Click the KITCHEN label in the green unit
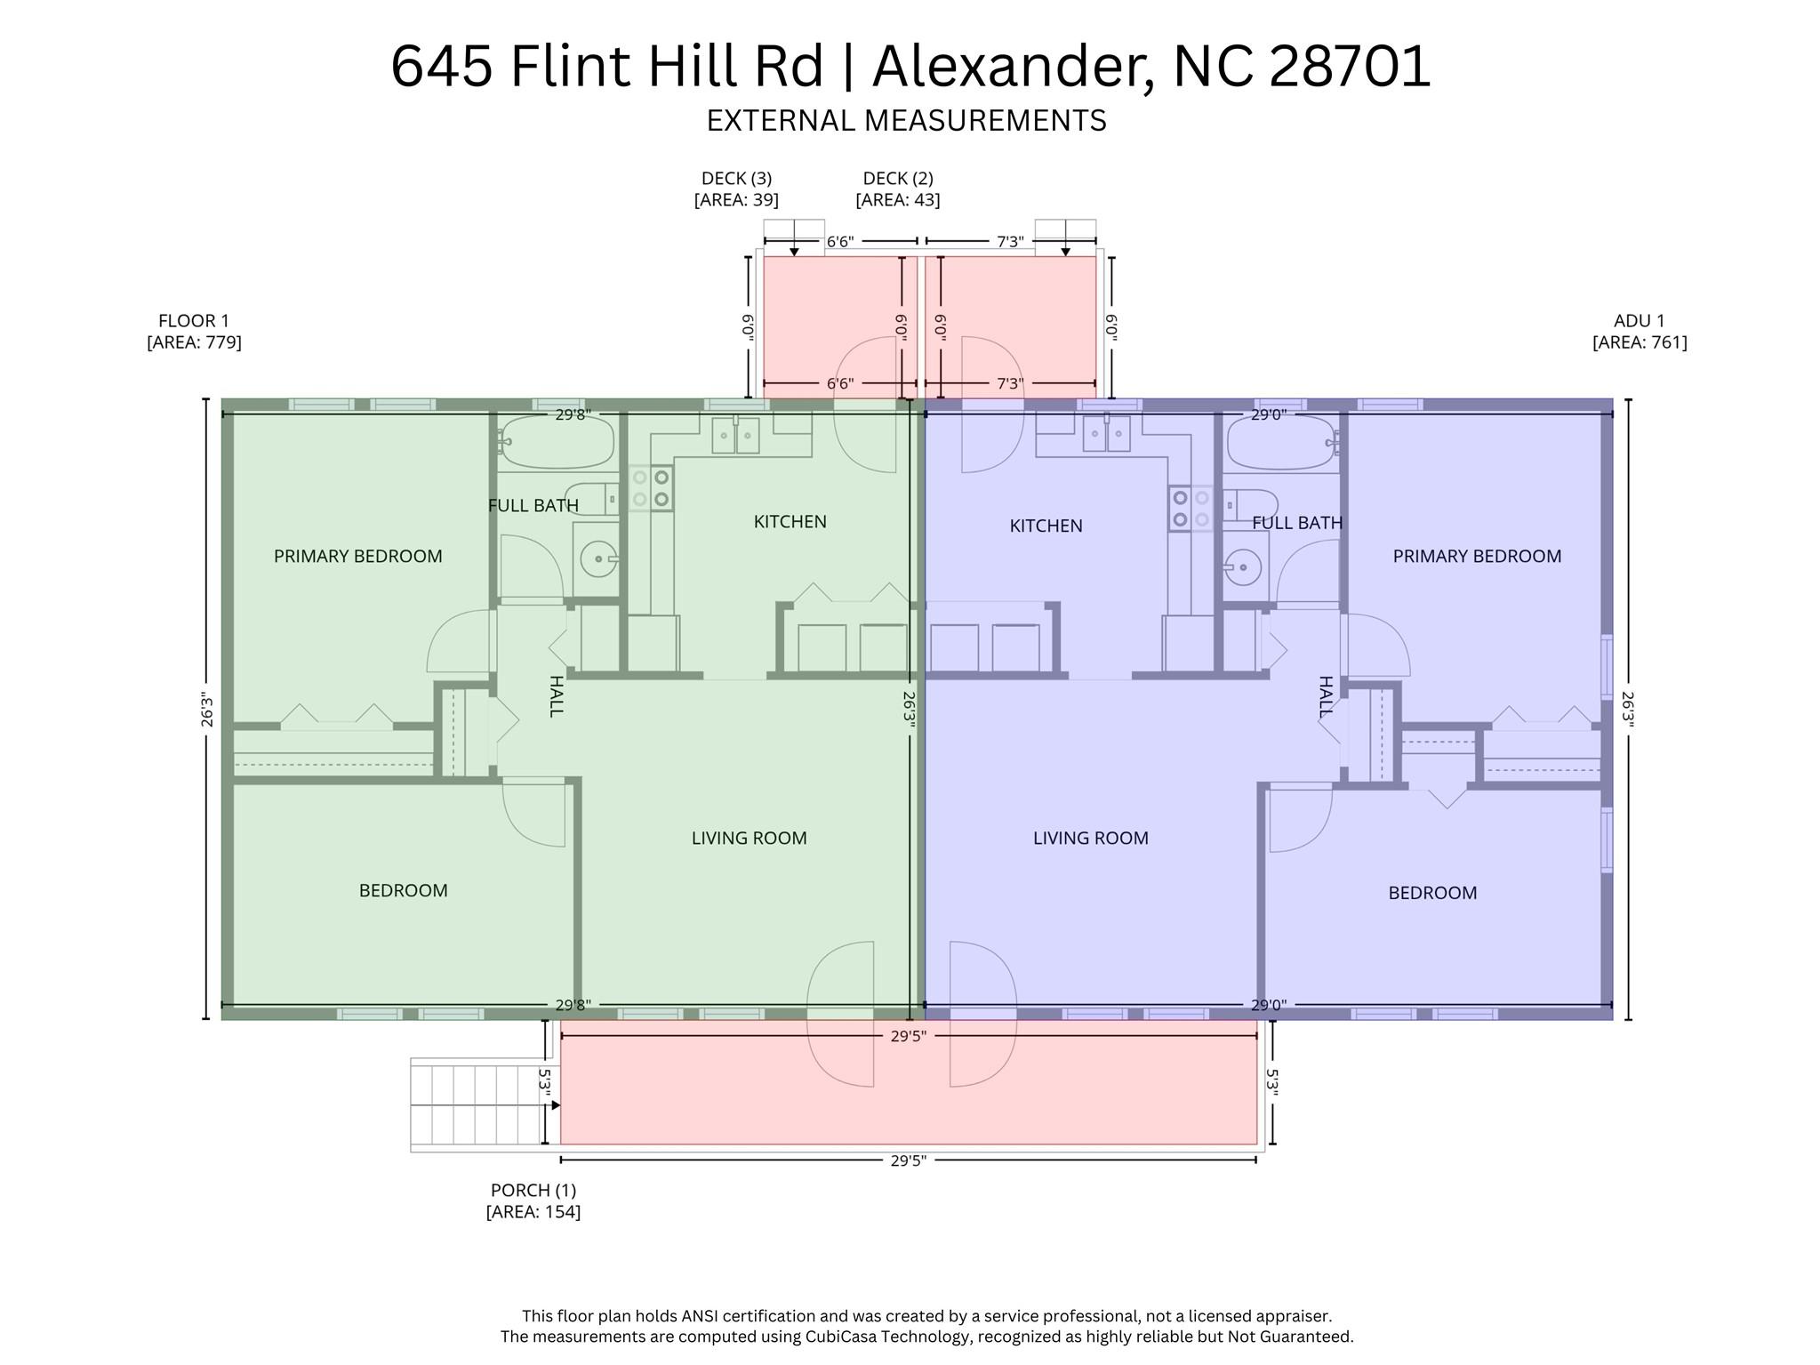click(790, 522)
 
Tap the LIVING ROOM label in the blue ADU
click(1090, 838)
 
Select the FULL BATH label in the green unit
click(533, 506)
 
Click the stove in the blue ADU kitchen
click(1190, 509)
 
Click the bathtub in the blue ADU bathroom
click(1281, 442)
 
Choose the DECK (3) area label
click(736, 189)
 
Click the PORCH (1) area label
click(533, 1200)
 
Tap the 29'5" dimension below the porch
click(908, 1160)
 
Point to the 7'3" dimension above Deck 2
click(1009, 242)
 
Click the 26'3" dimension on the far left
click(207, 710)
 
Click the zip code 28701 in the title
click(1349, 67)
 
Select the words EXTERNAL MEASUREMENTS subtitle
click(906, 121)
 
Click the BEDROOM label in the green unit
click(403, 891)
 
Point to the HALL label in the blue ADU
click(1325, 696)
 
